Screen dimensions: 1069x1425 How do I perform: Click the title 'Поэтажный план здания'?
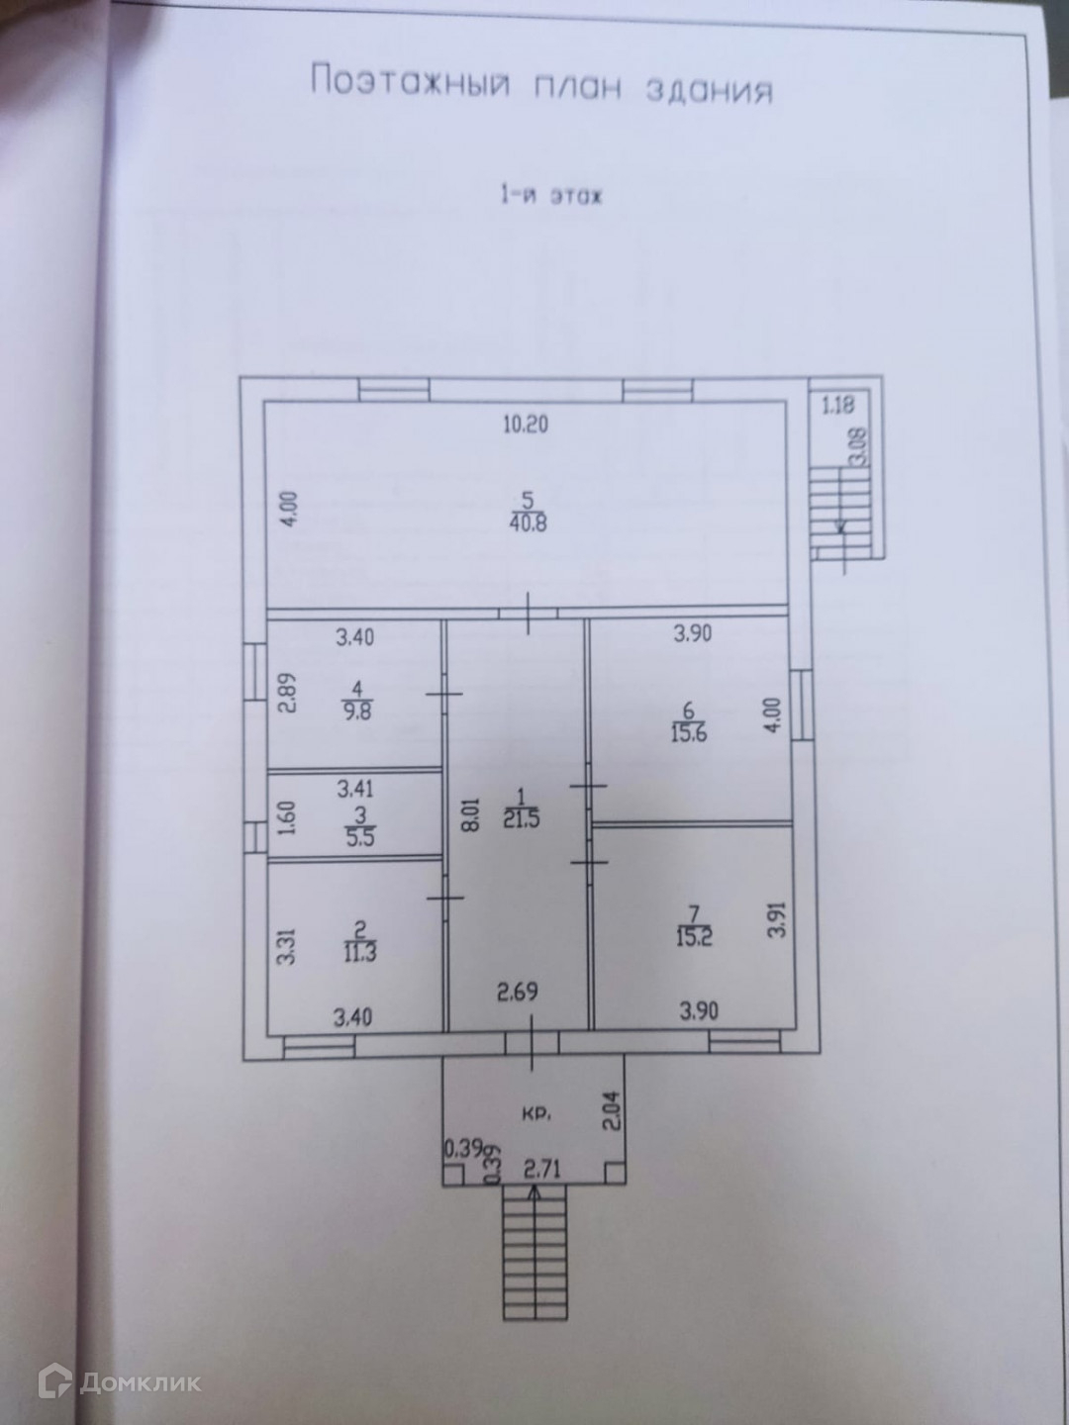click(x=541, y=86)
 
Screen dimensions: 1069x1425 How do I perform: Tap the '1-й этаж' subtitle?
click(x=550, y=195)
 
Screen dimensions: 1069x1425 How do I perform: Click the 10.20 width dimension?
click(x=526, y=427)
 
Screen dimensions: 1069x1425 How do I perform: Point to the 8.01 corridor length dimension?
click(x=471, y=804)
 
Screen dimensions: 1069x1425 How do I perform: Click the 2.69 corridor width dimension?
click(x=517, y=990)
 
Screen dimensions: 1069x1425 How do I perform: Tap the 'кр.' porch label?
click(x=534, y=1113)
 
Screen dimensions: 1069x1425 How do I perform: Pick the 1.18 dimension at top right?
click(x=837, y=403)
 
